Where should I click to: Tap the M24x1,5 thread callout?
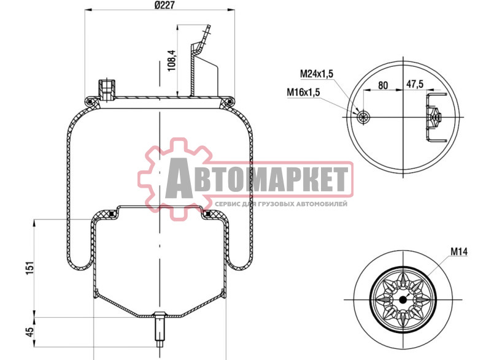click(316, 74)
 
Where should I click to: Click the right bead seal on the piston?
click(207, 213)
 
